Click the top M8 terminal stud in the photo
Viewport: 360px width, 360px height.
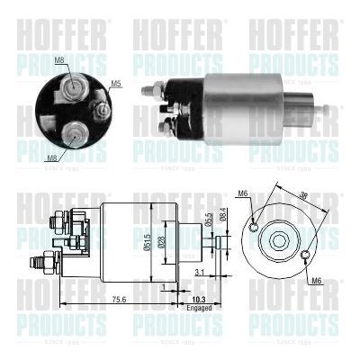click(69, 87)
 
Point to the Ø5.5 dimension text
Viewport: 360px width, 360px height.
click(209, 220)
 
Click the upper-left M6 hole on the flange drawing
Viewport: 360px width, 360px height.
click(256, 225)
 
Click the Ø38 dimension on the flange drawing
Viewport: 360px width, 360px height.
click(302, 193)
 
